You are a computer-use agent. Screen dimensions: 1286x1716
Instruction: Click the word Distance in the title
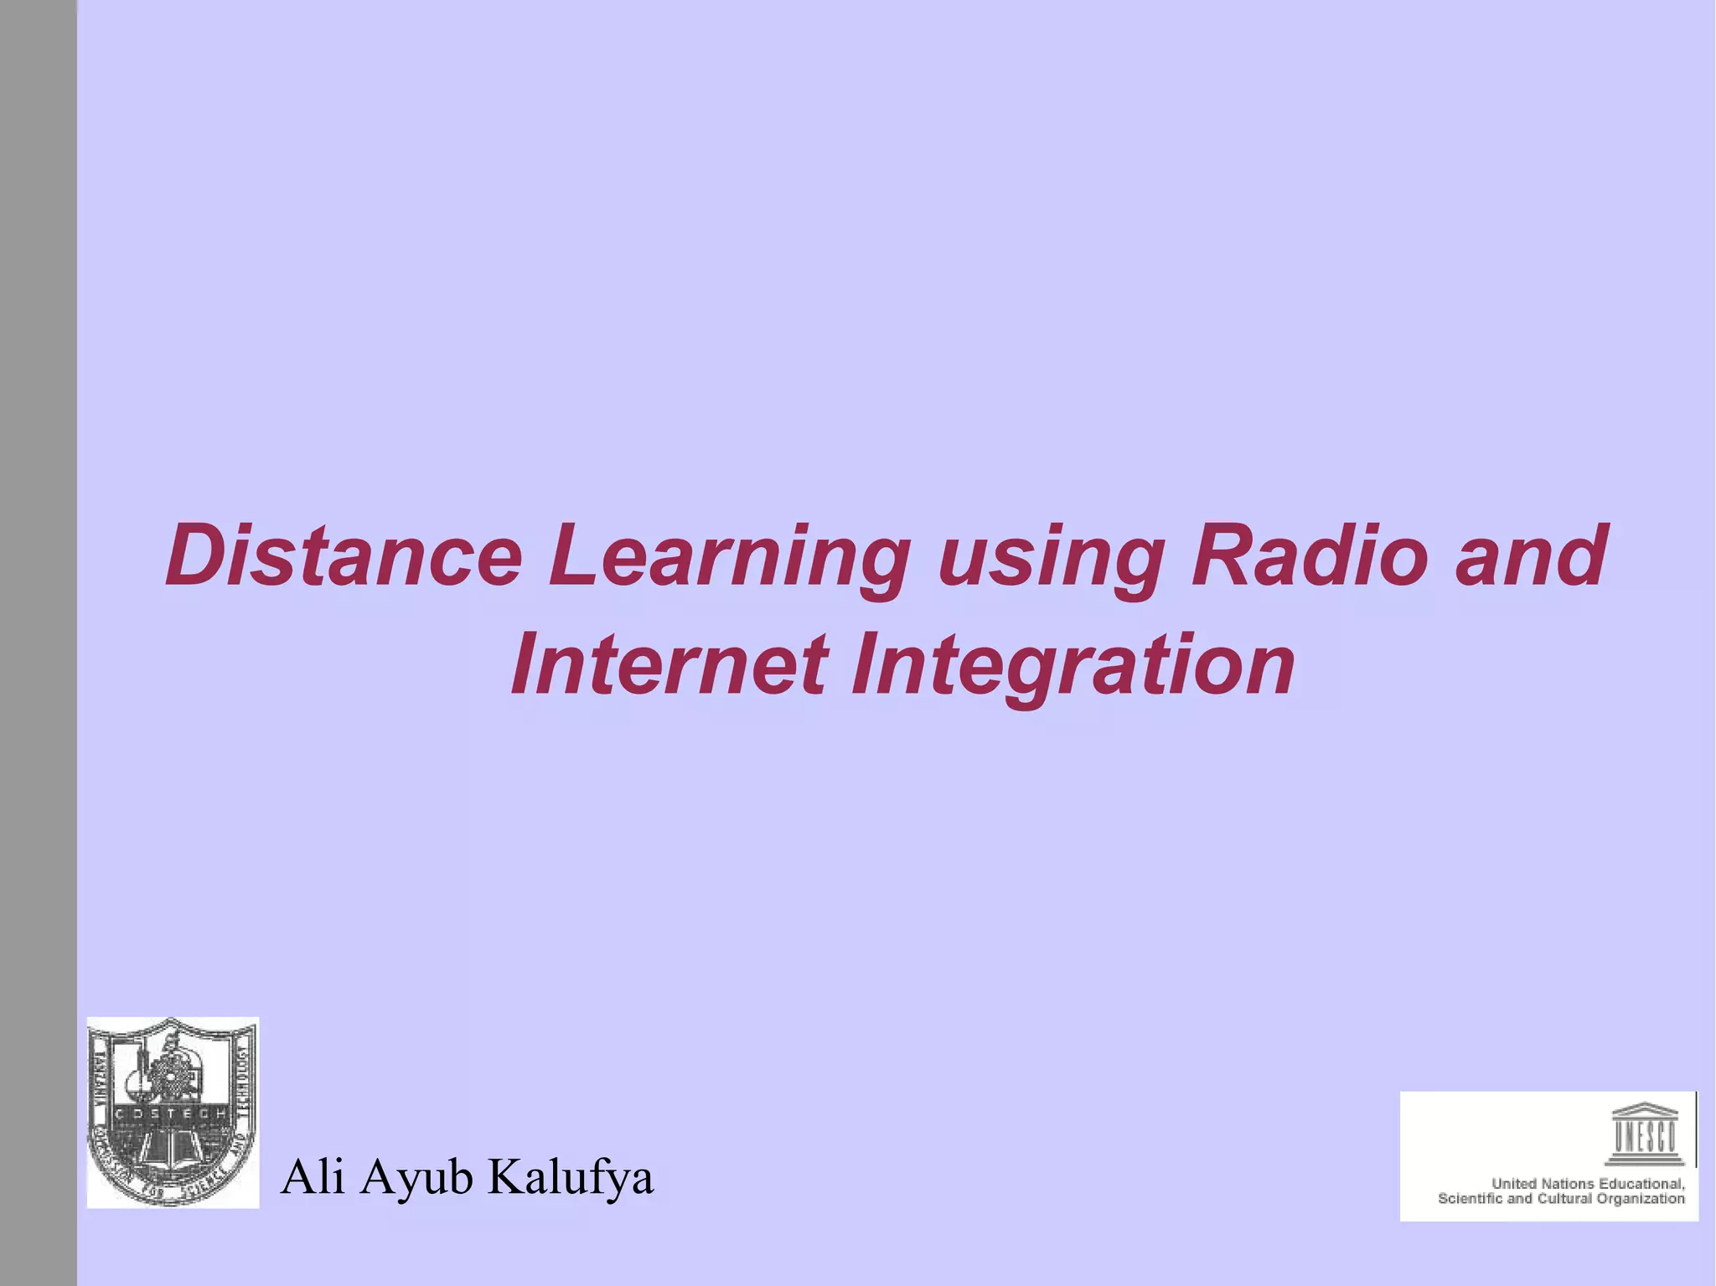pos(344,555)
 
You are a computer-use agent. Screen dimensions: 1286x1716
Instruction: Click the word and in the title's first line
pos(1530,555)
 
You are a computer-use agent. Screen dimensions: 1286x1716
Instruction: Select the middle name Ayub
pos(417,1179)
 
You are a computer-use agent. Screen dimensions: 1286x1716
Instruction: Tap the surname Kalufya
pos(570,1177)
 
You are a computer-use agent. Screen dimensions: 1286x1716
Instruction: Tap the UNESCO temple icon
pos(1644,1134)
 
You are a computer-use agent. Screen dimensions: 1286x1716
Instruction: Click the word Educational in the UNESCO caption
pos(1641,1184)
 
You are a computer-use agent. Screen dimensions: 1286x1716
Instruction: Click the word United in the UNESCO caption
pos(1514,1184)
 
